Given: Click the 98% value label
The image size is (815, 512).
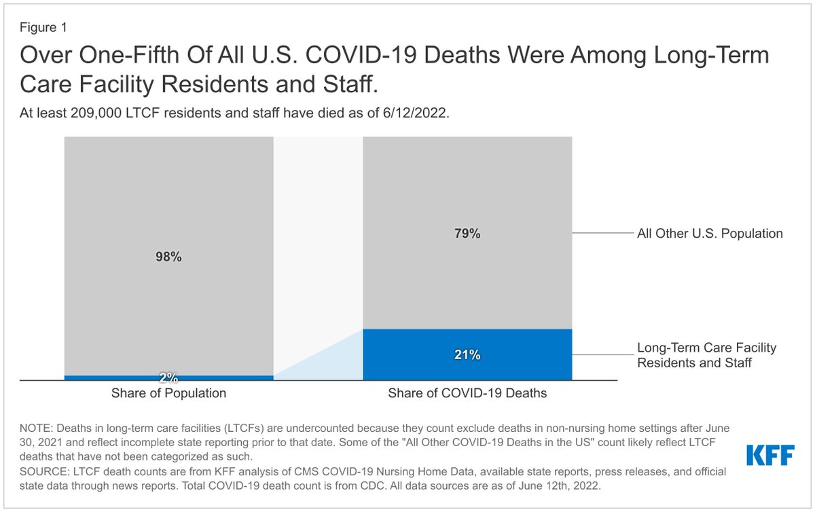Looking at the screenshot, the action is (x=168, y=257).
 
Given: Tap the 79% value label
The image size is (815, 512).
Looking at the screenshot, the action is (x=467, y=234).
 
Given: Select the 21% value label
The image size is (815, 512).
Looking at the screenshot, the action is (x=467, y=354).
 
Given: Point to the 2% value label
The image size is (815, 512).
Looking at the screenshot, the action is (x=169, y=378).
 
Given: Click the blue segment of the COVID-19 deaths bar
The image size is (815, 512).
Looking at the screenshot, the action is (x=467, y=354).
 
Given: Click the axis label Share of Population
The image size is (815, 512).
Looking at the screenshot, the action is (x=168, y=393).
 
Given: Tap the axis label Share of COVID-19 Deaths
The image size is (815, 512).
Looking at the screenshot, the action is (x=467, y=393).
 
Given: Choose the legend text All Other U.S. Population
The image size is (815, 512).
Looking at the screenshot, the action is (x=710, y=234).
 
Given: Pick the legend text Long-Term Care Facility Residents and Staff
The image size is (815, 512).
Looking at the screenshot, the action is (x=706, y=355).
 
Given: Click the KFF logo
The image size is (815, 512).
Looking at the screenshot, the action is (x=770, y=455).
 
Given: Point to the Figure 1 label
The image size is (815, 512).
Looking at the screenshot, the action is (x=43, y=28).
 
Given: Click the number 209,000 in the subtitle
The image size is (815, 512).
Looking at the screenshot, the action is (x=96, y=113).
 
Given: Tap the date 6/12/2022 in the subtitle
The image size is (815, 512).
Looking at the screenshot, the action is (x=414, y=113).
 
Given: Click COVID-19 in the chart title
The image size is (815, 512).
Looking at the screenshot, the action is (x=361, y=55).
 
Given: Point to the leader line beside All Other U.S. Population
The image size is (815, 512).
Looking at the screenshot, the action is (x=603, y=233).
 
